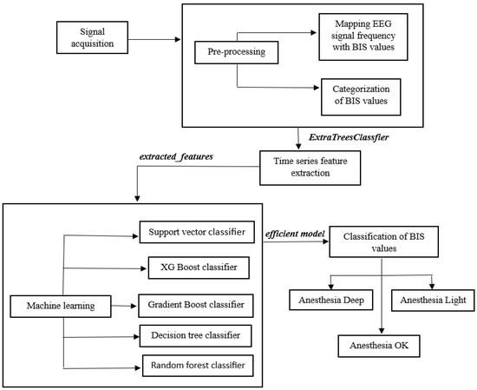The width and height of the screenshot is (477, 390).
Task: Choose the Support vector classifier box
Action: pyautogui.click(x=195, y=234)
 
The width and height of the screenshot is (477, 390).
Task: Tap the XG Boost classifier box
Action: pyautogui.click(x=194, y=267)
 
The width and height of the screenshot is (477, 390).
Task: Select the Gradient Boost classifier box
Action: pyautogui.click(x=195, y=305)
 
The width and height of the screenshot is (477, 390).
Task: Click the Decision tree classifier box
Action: pyautogui.click(x=195, y=334)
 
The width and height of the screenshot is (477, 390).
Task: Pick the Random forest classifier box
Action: pyautogui.click(x=195, y=365)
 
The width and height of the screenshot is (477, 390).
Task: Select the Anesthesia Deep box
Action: pyautogui.click(x=330, y=301)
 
